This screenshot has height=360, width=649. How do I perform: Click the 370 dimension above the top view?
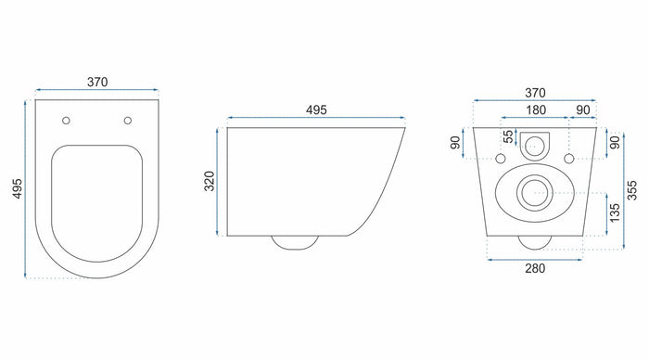pyautogui.click(x=97, y=82)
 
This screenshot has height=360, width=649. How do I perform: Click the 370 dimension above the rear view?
pyautogui.click(x=534, y=93)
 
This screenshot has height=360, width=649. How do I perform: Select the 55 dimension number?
pyautogui.click(x=507, y=137)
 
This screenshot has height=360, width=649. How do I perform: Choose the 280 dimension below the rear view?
pyautogui.click(x=534, y=269)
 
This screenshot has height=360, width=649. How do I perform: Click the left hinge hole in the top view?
pyautogui.click(x=67, y=120)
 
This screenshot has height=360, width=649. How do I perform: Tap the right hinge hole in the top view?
pyautogui.click(x=127, y=120)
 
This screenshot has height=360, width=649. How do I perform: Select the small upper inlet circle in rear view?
pyautogui.click(x=534, y=145)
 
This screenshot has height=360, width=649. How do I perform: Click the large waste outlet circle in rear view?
pyautogui.click(x=533, y=193)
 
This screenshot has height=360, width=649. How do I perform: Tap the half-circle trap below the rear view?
pyautogui.click(x=534, y=242)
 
